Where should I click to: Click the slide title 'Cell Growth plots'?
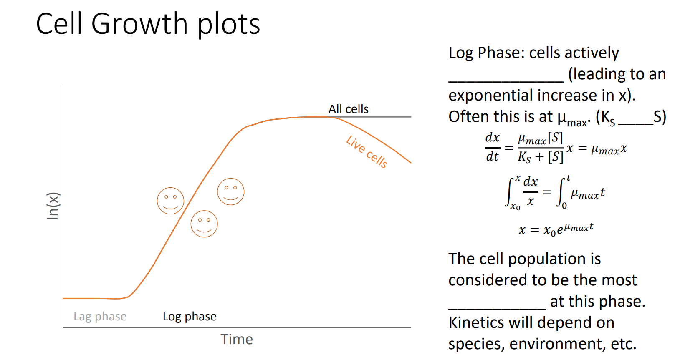[x=148, y=24]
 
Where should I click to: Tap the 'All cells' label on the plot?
[x=348, y=109]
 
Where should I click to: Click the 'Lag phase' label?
[x=100, y=317]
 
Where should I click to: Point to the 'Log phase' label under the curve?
[x=190, y=317]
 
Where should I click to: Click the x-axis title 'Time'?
[x=237, y=339]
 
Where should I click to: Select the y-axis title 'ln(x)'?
[x=53, y=206]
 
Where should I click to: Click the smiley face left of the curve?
[x=170, y=201]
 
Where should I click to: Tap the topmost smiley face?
[x=230, y=191]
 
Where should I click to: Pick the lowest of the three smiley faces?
[x=204, y=224]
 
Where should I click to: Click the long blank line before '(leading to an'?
[x=506, y=79]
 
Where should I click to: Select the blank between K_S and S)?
[x=635, y=122]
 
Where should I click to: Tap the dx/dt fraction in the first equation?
[x=493, y=147]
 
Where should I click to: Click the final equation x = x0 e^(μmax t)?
[x=556, y=229]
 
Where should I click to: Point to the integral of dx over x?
[x=522, y=192]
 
